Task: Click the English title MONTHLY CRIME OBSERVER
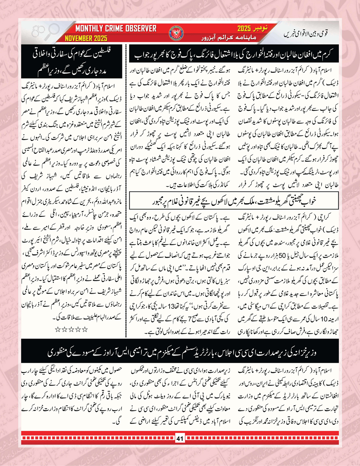point(116,29)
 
